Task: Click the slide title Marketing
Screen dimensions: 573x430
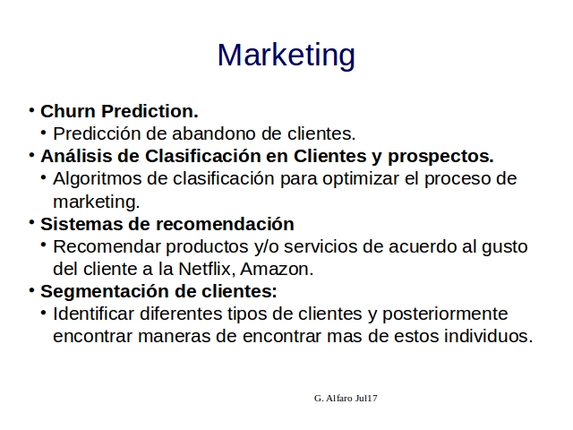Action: pyautogui.click(x=286, y=56)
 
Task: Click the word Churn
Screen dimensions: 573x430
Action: pyautogui.click(x=68, y=111)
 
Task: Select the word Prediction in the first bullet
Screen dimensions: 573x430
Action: pyautogui.click(x=150, y=111)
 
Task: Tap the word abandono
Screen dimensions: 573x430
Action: pyautogui.click(x=214, y=133)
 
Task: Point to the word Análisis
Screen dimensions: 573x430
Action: pyautogui.click(x=77, y=156)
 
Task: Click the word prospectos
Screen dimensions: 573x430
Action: pyautogui.click(x=440, y=158)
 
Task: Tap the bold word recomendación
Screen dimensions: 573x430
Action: pyautogui.click(x=225, y=224)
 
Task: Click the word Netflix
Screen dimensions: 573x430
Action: pyautogui.click(x=207, y=269)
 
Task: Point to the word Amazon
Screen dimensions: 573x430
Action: pyautogui.click(x=277, y=269)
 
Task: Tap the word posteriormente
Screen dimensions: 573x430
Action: pyautogui.click(x=445, y=314)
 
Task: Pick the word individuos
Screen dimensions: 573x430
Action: pyautogui.click(x=489, y=336)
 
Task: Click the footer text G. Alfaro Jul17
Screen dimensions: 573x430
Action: pyautogui.click(x=346, y=398)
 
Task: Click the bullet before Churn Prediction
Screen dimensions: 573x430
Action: pyautogui.click(x=32, y=109)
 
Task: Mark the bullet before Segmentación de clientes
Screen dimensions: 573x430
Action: pyautogui.click(x=32, y=290)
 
